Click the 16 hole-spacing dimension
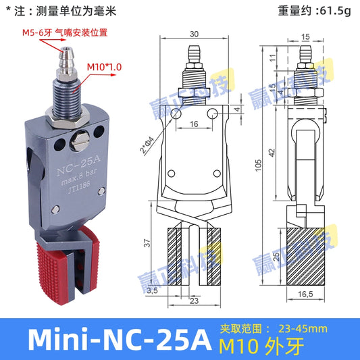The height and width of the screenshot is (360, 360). point(195,125)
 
